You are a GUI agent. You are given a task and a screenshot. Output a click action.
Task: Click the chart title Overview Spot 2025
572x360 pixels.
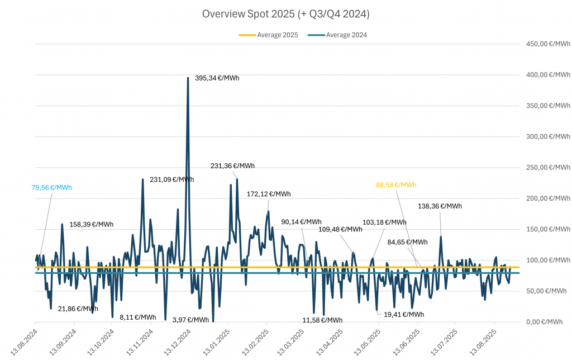click(x=286, y=13)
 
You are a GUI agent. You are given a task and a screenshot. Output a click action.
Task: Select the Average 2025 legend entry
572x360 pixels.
click(x=269, y=35)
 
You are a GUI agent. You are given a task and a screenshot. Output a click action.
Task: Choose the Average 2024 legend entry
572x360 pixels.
click(x=339, y=35)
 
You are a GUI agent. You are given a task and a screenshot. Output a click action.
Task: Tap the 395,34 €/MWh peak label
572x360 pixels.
click(x=217, y=78)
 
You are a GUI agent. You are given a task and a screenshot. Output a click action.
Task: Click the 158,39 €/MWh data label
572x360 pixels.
click(x=91, y=225)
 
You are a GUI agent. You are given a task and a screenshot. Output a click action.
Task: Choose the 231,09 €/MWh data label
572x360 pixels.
click(x=172, y=179)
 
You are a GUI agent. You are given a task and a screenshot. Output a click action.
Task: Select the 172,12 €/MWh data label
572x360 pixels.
click(x=269, y=194)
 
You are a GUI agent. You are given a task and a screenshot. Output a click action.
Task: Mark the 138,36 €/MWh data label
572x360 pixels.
click(x=440, y=206)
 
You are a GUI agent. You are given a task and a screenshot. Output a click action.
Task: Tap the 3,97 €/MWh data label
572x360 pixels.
click(x=191, y=320)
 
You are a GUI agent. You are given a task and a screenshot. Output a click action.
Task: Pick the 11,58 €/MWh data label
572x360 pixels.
click(x=322, y=320)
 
